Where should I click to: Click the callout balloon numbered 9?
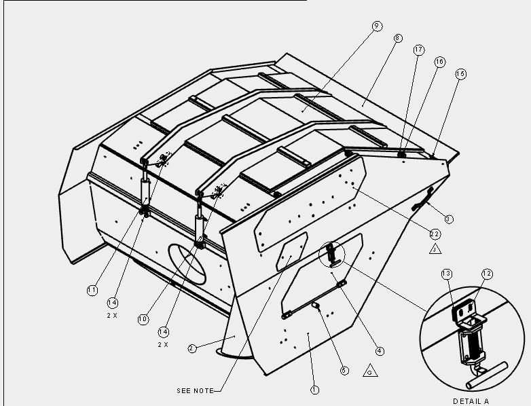tap(377, 26)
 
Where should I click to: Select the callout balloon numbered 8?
tap(398, 38)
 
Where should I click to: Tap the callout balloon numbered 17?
tap(419, 50)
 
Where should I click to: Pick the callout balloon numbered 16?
tap(439, 62)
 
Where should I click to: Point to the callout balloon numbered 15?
tap(460, 74)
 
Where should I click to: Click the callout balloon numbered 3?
tap(448, 219)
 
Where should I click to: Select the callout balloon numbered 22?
tap(435, 234)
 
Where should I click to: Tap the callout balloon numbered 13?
tap(447, 274)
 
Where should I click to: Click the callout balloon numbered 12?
tap(487, 274)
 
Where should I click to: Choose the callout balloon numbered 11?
tap(92, 290)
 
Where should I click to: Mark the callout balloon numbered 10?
tap(143, 319)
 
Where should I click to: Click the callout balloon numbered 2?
tap(192, 348)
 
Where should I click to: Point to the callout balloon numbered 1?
tap(314, 390)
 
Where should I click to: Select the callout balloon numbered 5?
tap(344, 371)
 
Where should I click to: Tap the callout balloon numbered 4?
tap(380, 351)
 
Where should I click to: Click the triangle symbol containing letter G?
tap(370, 371)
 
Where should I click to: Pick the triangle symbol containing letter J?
tap(435, 250)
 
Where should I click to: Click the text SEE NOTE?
tap(196, 391)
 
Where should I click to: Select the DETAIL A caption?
tap(471, 401)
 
